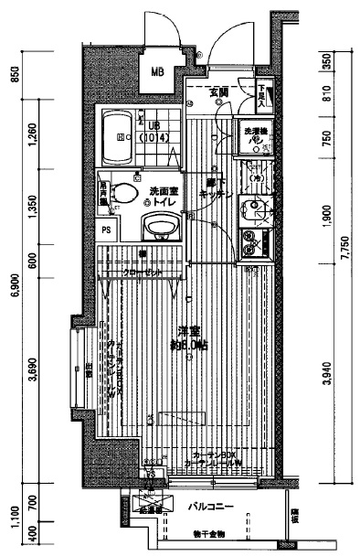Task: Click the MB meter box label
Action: [157, 70]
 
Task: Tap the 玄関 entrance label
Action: [217, 92]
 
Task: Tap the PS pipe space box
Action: [108, 230]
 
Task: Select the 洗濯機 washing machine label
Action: [255, 136]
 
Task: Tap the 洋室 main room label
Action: [189, 337]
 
